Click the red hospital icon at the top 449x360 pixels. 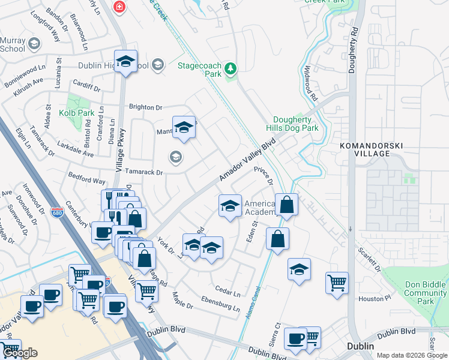[119, 7]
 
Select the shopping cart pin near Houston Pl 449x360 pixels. [337, 282]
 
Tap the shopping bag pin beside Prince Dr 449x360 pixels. [287, 204]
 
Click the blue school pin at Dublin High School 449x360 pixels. [125, 62]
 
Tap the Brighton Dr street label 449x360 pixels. [146, 107]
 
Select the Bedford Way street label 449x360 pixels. [86, 179]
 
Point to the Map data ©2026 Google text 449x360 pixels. [411, 355]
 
